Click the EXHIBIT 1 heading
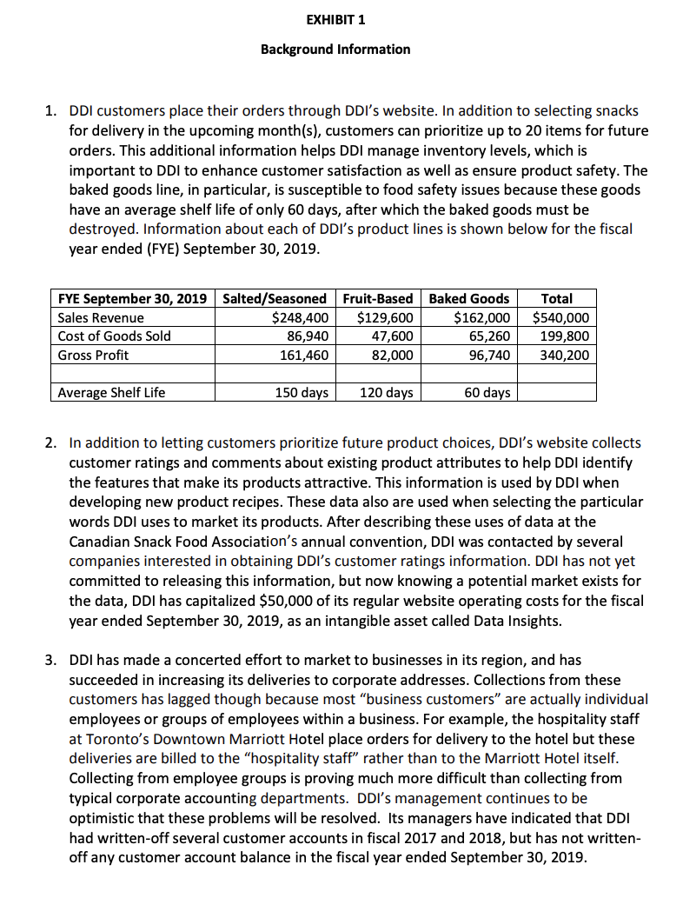click(335, 19)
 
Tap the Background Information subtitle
click(335, 50)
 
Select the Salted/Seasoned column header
click(275, 298)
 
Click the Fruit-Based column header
click(378, 298)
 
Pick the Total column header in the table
click(556, 298)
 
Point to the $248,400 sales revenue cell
click(300, 317)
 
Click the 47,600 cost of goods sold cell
click(392, 336)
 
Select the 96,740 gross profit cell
click(488, 355)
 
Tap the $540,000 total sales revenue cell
click(560, 317)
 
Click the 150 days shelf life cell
click(302, 393)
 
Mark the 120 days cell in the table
click(386, 393)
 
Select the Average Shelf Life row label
click(111, 393)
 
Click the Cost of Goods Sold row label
click(114, 336)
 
